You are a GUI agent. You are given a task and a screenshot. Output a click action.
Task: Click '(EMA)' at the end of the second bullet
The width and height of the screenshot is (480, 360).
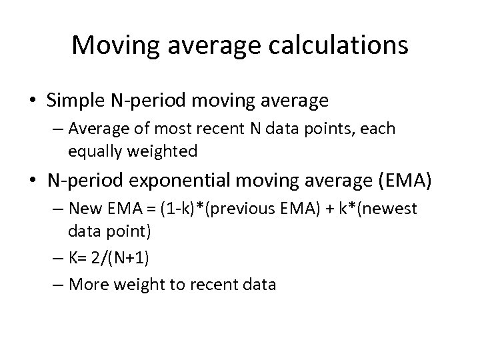[402, 180]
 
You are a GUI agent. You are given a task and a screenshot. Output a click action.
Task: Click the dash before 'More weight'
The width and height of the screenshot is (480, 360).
[57, 285]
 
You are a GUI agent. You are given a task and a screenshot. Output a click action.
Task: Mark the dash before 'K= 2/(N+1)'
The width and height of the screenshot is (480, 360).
[57, 257]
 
